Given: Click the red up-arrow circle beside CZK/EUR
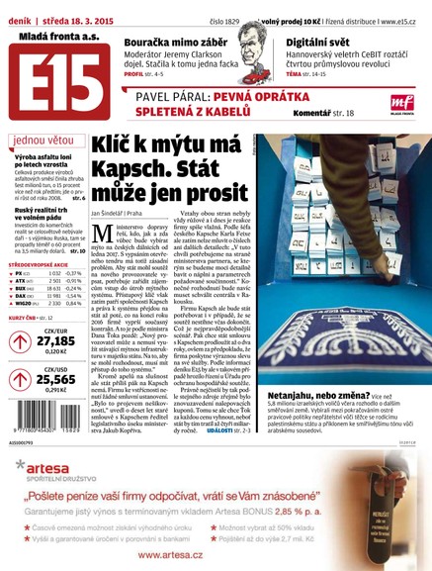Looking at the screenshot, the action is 18,341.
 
